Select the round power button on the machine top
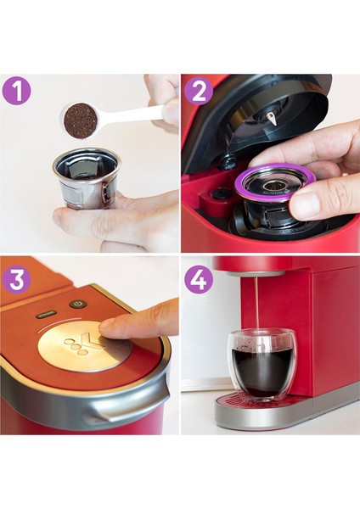pos(78,303)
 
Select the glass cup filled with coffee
pos(260,365)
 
